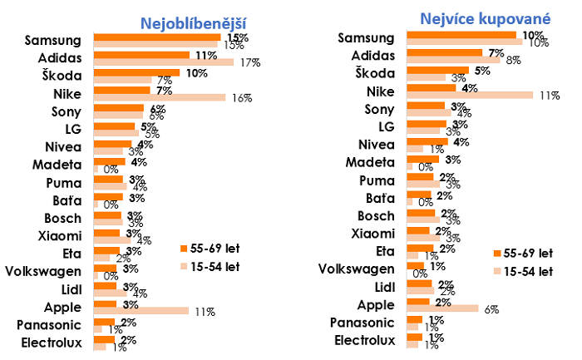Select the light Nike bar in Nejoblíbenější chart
coord(159,98)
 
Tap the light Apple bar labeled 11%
coord(141,310)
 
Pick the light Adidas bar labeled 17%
coord(163,62)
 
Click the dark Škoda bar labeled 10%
coord(136,72)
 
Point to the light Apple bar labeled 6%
coord(442,308)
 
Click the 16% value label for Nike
coord(242,98)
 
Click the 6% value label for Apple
coord(491,308)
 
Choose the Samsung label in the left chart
coord(53,40)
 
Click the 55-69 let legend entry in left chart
coord(209,249)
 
